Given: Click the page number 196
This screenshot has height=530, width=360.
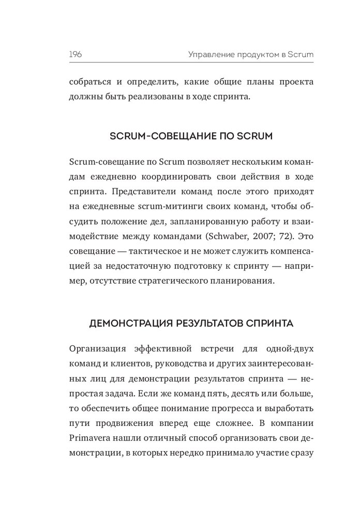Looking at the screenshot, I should click(x=76, y=54).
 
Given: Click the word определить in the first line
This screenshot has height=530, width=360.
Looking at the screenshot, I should click(x=142, y=82).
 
